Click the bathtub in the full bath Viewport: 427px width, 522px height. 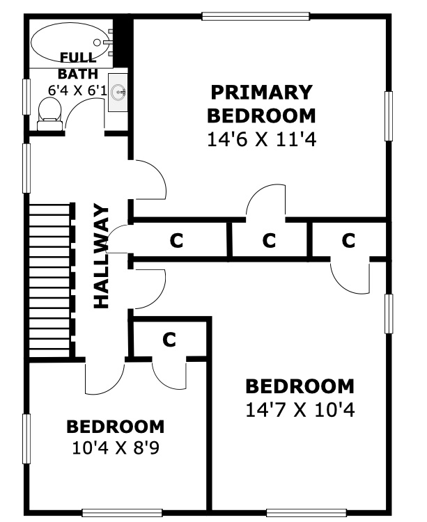tap(72, 42)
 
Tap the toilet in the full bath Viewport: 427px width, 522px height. tap(50, 114)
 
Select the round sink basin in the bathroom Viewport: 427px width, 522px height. tap(118, 91)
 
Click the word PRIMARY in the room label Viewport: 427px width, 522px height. tap(261, 92)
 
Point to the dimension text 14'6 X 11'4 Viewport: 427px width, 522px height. tap(261, 139)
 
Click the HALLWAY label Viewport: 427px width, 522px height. tap(101, 256)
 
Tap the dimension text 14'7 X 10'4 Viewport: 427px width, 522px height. tap(300, 410)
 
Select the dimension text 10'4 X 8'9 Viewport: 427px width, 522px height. tap(116, 448)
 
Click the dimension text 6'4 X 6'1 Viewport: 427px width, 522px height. tap(77, 90)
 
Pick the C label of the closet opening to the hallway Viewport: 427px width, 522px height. tap(176, 240)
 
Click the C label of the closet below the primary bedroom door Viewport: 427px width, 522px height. tap(269, 240)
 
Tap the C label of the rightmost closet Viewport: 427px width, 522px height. tap(348, 240)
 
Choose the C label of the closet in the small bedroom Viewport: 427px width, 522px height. tap(169, 339)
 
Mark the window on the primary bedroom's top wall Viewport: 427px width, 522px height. tap(256, 16)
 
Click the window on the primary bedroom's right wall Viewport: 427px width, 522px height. tap(389, 116)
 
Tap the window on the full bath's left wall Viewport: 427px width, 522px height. tap(26, 97)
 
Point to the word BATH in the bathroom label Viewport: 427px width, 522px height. tap(78, 74)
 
